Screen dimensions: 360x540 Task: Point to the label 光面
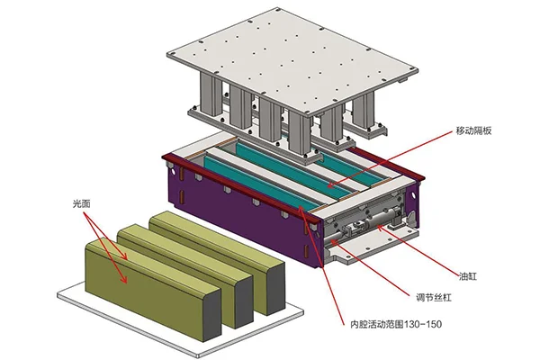pos(83,204)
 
